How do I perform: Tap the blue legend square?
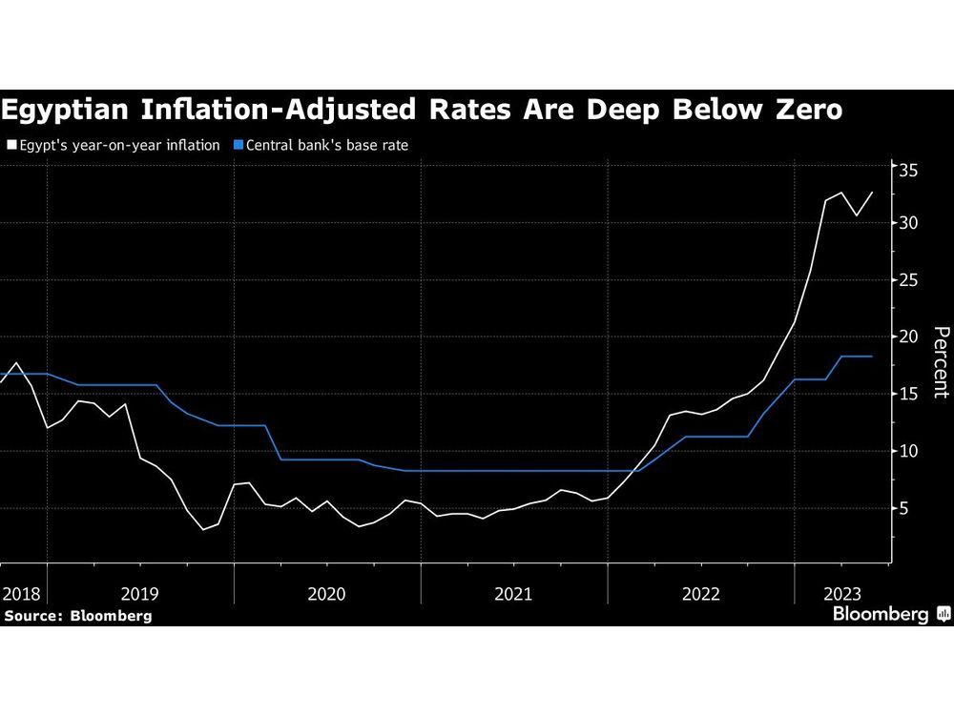[x=239, y=146]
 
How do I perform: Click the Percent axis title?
[x=940, y=362]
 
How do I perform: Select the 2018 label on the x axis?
[x=20, y=593]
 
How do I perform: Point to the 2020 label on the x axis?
[x=326, y=593]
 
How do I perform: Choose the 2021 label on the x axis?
[x=513, y=593]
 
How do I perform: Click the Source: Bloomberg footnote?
[x=77, y=616]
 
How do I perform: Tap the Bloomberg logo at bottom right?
[x=889, y=615]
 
